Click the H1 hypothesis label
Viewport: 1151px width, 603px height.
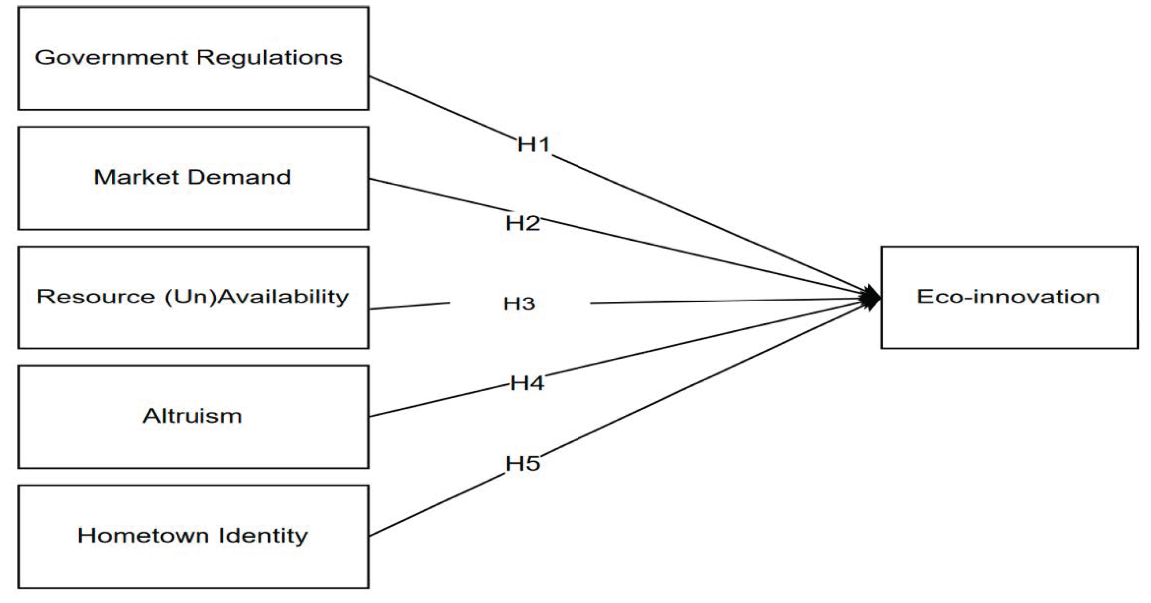click(533, 145)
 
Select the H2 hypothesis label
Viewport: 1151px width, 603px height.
click(522, 223)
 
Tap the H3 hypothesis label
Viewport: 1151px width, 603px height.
click(519, 304)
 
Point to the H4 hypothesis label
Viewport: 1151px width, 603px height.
click(527, 384)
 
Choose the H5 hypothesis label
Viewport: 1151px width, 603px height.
click(522, 464)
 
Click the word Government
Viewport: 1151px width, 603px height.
click(112, 58)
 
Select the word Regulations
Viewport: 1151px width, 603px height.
click(270, 58)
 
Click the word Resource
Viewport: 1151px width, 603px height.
click(96, 296)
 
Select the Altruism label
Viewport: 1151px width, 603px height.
click(193, 416)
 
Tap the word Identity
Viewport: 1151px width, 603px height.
click(263, 536)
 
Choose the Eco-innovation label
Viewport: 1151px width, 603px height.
click(1008, 297)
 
